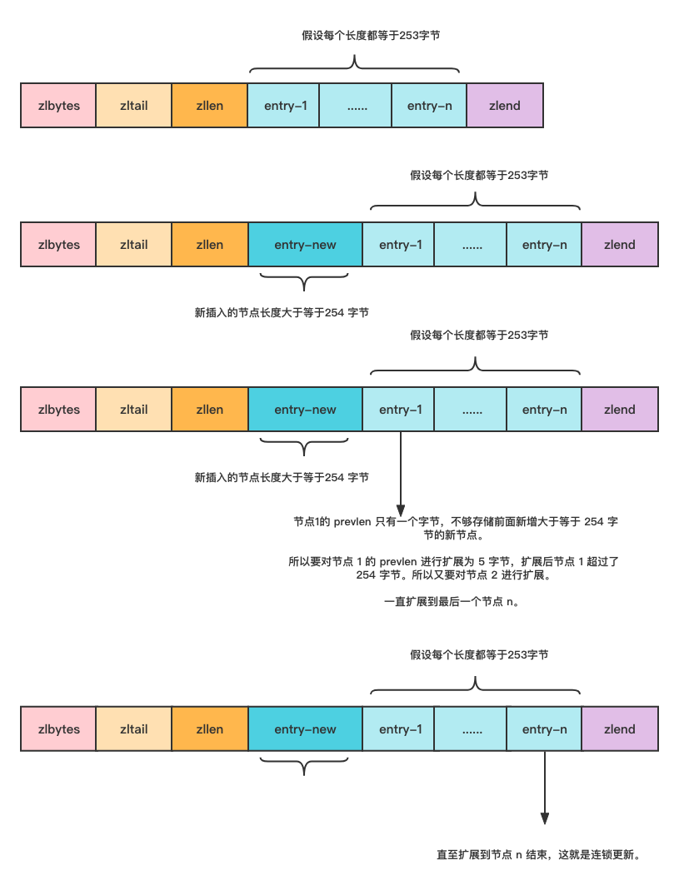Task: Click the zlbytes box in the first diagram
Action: point(58,106)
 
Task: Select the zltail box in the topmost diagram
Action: point(133,106)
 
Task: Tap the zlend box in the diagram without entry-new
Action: point(505,106)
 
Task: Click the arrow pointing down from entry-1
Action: point(401,474)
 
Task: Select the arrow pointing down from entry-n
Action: point(545,788)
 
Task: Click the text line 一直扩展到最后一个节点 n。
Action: point(452,602)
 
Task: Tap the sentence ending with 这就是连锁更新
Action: point(538,854)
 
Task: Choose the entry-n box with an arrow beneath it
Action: point(544,728)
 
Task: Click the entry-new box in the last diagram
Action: point(306,728)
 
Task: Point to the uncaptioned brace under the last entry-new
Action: point(304,765)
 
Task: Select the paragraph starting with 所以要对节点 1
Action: point(453,569)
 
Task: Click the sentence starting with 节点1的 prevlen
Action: point(455,528)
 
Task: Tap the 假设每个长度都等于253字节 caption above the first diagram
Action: point(371,36)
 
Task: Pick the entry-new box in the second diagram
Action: point(306,244)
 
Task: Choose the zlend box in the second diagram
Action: point(620,244)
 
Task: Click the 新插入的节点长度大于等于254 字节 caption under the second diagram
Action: point(282,313)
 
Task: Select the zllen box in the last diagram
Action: point(210,728)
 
